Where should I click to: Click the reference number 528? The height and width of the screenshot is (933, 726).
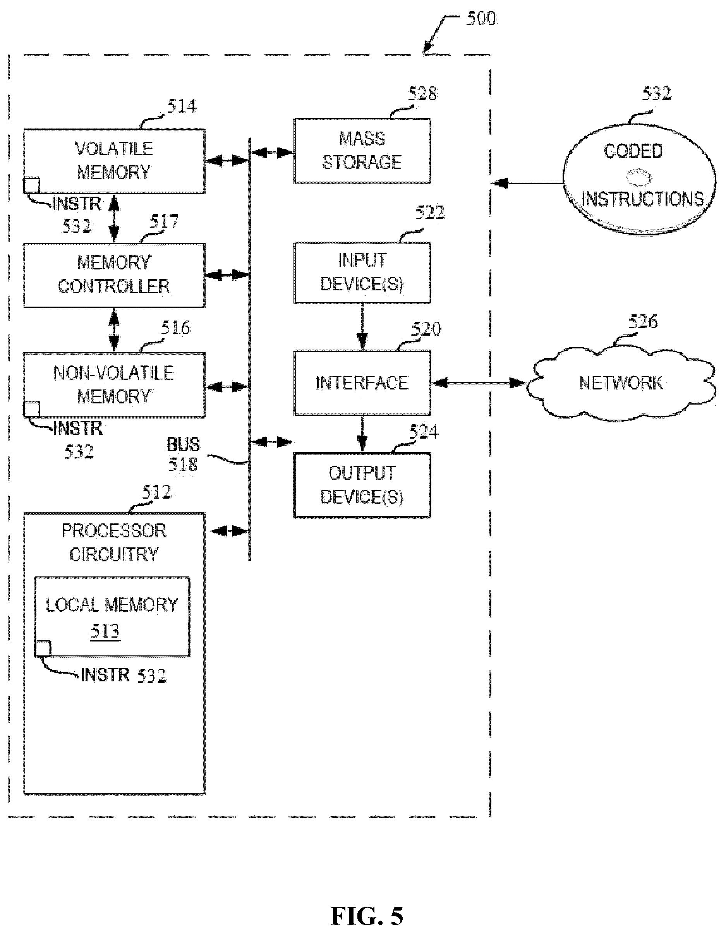click(422, 94)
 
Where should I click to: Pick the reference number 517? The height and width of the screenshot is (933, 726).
click(164, 222)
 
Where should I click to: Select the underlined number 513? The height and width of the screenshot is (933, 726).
click(105, 631)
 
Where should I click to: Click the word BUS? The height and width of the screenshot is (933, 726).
click(183, 445)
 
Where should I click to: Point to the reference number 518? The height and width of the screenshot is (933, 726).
click(183, 464)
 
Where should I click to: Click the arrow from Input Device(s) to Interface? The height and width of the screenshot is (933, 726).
click(362, 327)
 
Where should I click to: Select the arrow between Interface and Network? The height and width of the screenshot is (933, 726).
click(479, 383)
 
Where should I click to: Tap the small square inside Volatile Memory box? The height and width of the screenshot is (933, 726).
click(31, 185)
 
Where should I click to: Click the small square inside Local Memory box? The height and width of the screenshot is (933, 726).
click(43, 648)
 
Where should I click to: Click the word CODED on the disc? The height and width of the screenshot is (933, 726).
click(634, 151)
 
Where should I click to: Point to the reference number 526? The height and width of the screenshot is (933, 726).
click(644, 322)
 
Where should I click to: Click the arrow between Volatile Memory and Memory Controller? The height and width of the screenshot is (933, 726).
click(114, 218)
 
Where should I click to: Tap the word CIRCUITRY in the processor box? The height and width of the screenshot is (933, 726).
click(114, 554)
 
